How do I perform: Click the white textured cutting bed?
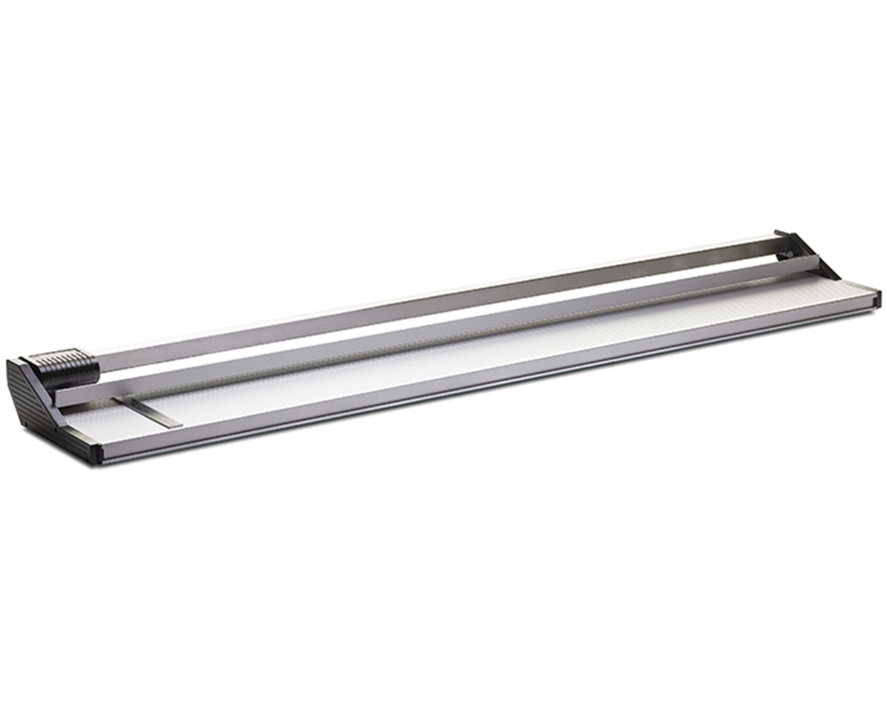coord(497,354)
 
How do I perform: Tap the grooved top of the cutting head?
coord(64,354)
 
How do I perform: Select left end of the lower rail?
coord(64,397)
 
